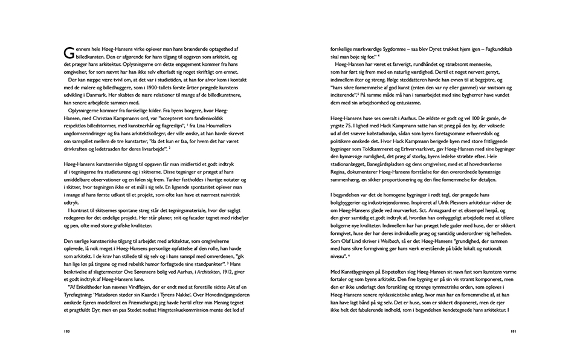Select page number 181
[512, 332]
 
